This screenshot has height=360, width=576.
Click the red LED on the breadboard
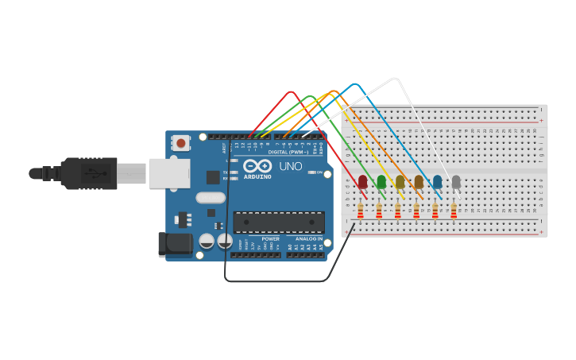(x=363, y=182)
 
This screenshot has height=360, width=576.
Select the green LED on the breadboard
(x=381, y=182)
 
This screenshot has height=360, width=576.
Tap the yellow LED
(x=400, y=182)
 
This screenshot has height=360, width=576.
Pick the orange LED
(x=419, y=182)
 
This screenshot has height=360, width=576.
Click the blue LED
(x=438, y=182)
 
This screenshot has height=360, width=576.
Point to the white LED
(x=456, y=182)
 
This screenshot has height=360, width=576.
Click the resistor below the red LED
(x=361, y=211)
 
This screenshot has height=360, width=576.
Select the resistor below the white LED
(x=454, y=211)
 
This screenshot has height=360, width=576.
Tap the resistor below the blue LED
(x=435, y=211)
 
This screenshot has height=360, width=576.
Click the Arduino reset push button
(x=181, y=143)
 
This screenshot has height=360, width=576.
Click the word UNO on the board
(x=290, y=166)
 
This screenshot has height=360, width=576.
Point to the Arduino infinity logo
(x=257, y=166)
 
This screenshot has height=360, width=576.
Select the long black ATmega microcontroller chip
(x=279, y=223)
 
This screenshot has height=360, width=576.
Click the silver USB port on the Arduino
(x=169, y=173)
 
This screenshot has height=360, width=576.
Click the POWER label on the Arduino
(x=270, y=238)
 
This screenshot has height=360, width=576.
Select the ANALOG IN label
(x=309, y=238)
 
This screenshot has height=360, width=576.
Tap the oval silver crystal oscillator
(x=211, y=198)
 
